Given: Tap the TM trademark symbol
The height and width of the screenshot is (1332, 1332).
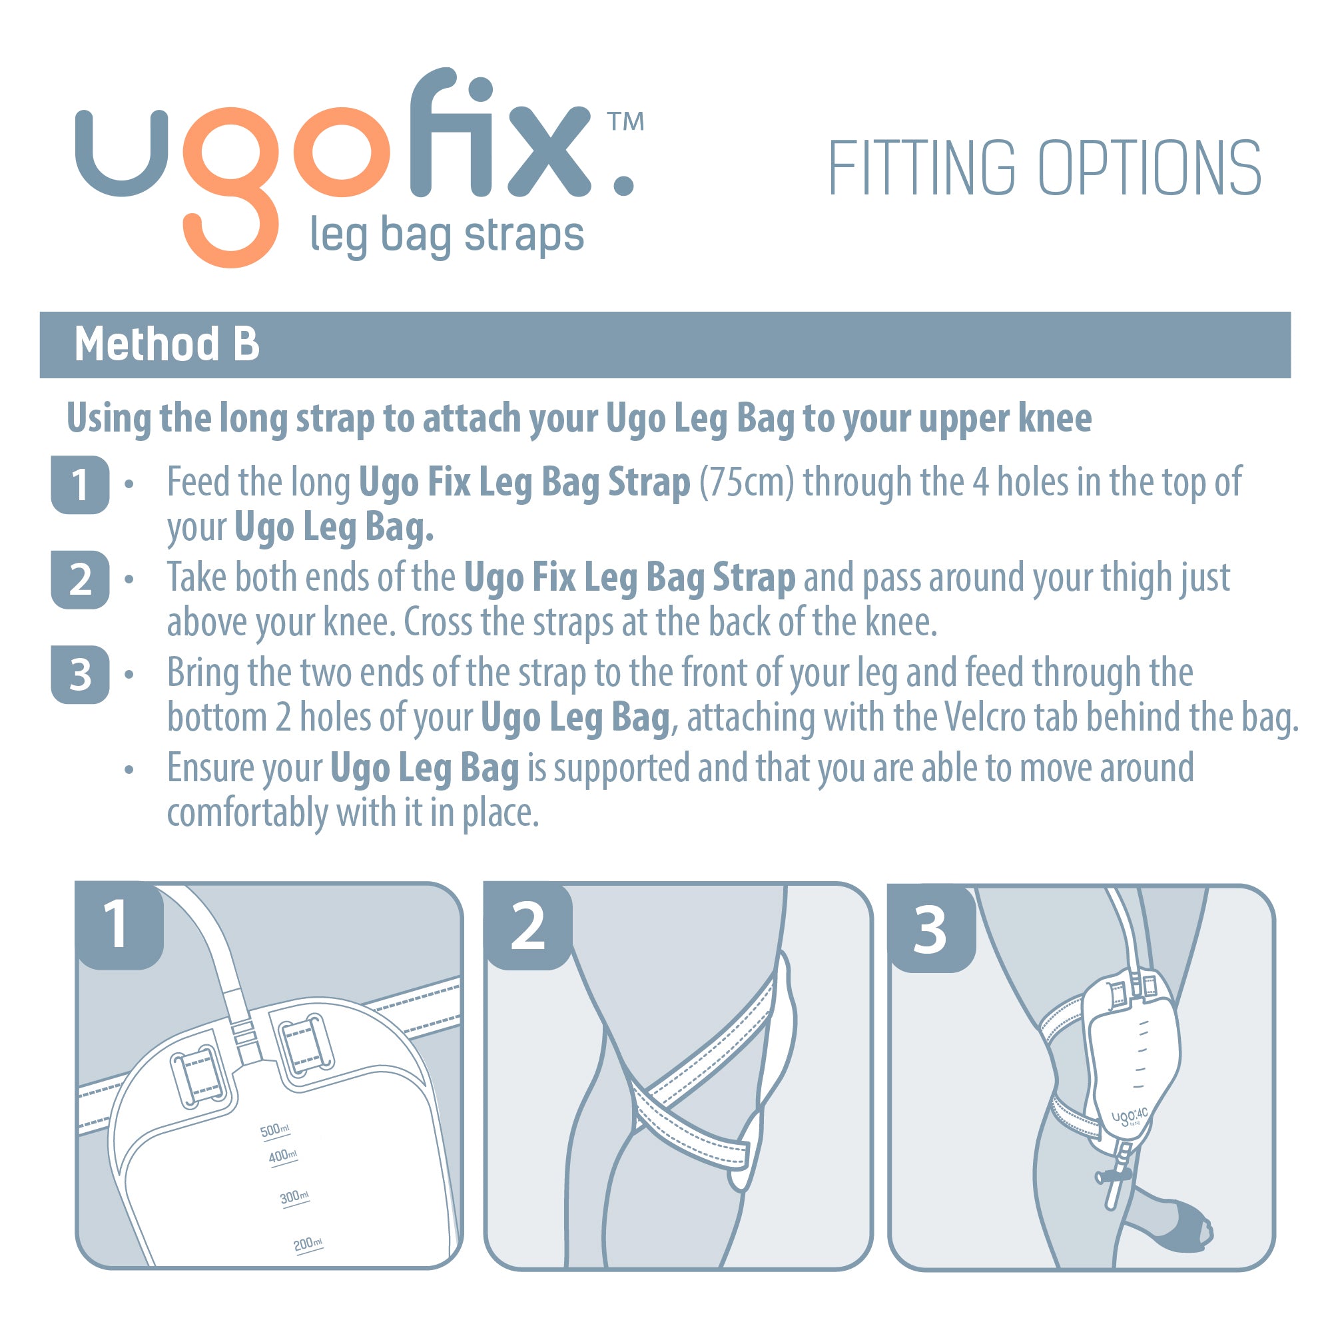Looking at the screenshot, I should (625, 122).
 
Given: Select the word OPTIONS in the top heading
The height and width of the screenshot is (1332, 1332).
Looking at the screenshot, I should (1150, 168).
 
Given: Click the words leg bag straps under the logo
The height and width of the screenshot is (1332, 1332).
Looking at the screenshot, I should (447, 236).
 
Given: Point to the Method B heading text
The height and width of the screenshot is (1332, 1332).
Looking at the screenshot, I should (167, 344).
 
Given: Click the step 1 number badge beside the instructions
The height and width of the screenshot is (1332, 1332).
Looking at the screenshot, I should (80, 485).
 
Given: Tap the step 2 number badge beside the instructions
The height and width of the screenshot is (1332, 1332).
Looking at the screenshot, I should (80, 580).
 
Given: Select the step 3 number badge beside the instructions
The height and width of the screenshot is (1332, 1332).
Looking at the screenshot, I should (80, 675).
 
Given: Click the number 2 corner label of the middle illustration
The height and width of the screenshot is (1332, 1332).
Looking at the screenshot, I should (527, 927).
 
